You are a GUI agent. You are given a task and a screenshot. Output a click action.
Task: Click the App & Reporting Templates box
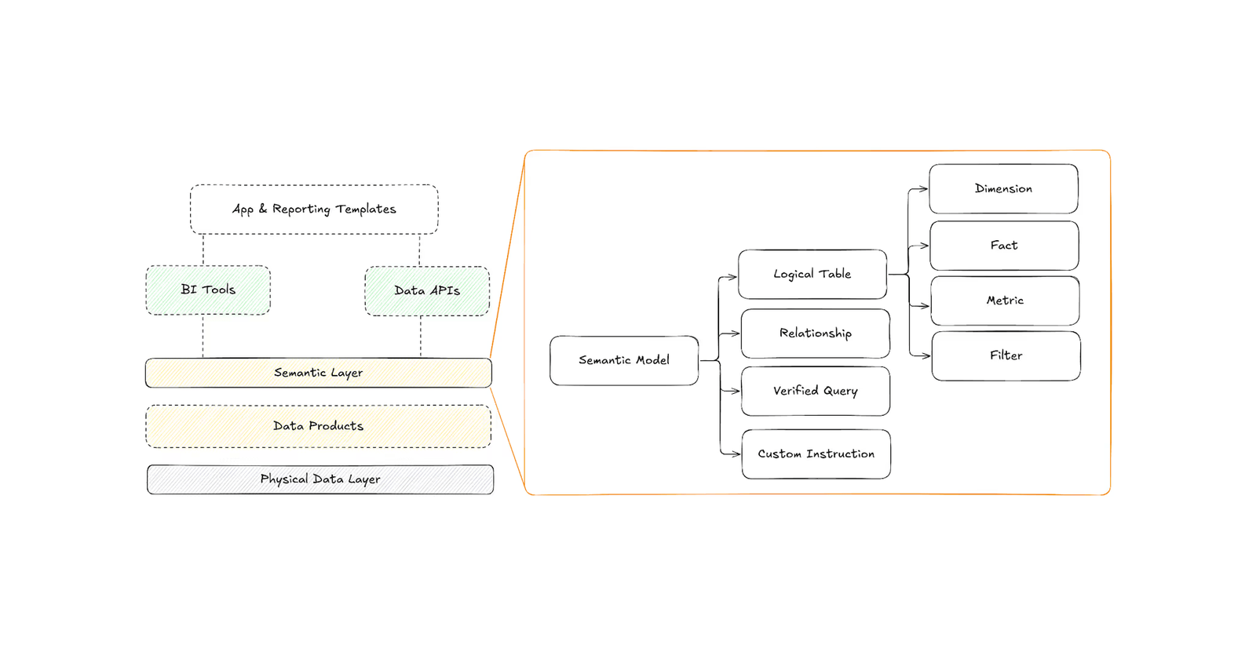pos(314,209)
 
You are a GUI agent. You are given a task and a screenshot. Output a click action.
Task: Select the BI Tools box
pos(208,290)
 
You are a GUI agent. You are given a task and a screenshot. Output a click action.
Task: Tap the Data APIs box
pos(427,290)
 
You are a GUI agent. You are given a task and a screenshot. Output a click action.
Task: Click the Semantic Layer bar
pos(318,373)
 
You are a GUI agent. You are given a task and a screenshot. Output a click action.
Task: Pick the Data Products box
pos(318,426)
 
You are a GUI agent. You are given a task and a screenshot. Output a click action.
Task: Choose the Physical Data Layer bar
pos(320,479)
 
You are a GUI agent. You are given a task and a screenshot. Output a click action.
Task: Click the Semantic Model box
pos(624,360)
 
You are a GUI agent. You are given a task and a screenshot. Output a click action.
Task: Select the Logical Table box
pos(812,274)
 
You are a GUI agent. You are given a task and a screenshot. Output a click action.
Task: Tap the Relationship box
pos(815,333)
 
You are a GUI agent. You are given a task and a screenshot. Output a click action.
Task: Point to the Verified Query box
pos(815,391)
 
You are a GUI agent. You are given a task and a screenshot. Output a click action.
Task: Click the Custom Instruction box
pos(816,454)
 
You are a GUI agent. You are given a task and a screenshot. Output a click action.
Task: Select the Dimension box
pos(1003,188)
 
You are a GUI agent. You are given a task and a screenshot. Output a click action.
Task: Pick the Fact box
pos(1003,245)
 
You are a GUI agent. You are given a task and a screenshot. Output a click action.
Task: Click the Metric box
pos(1005,301)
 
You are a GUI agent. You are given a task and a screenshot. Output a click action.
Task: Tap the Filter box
pos(1006,355)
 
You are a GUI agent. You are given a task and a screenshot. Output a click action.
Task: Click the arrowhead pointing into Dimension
pos(924,189)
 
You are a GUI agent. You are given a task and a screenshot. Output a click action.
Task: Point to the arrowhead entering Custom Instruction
pos(736,454)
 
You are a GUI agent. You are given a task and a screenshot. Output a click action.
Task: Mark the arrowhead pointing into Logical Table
pos(732,276)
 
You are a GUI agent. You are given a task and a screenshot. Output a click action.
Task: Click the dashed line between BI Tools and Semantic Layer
pos(203,336)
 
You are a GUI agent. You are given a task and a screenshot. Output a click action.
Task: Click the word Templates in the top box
pos(366,209)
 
